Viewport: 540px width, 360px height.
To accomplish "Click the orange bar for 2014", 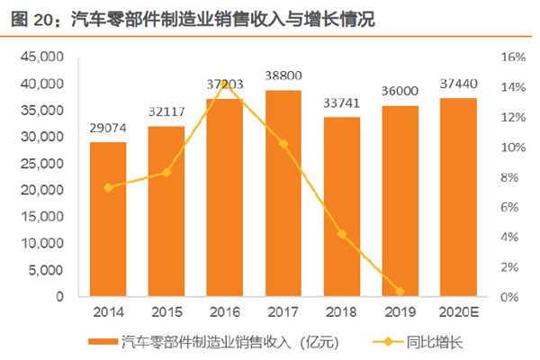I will pos(108,220).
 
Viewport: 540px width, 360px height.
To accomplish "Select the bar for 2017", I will pos(283,193).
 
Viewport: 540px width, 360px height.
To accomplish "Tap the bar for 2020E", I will pos(458,197).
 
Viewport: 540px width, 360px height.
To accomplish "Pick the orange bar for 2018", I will pos(342,207).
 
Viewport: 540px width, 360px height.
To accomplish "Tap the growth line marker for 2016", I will pos(225,82).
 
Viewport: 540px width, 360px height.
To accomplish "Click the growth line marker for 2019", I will pos(400,292).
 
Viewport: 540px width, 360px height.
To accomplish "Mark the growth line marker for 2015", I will pos(166,172).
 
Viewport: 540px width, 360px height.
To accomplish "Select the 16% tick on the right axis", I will pos(510,57).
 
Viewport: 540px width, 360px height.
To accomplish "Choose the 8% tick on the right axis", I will pos(510,177).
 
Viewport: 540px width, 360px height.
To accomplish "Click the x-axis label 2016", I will pos(225,312).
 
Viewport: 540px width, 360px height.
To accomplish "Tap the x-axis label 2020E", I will pos(458,312).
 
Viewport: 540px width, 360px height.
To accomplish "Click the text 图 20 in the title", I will pos(31,18).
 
